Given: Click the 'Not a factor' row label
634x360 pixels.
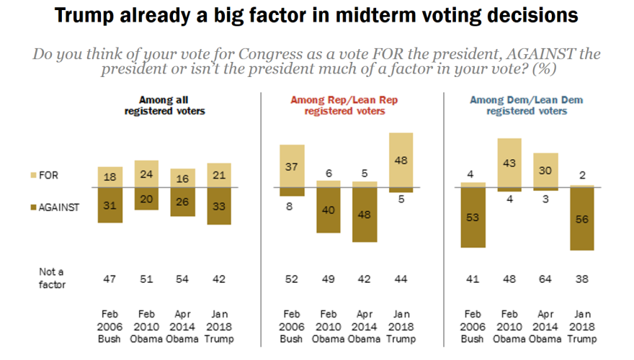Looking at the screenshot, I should tap(52, 278).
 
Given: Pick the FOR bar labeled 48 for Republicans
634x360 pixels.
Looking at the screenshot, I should tap(401, 160).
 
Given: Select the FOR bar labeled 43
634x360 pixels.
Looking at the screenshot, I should tap(509, 163).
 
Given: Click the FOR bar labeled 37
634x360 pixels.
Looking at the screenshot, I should tap(292, 166).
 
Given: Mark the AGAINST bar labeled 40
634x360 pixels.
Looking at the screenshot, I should tap(329, 210).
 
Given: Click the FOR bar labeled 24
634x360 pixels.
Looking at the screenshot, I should tap(147, 174).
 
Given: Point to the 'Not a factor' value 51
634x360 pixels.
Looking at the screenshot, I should tap(147, 278).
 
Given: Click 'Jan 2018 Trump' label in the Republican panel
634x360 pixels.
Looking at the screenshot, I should tap(401, 325).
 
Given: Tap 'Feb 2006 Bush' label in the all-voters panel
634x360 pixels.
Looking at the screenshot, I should tap(110, 325).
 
